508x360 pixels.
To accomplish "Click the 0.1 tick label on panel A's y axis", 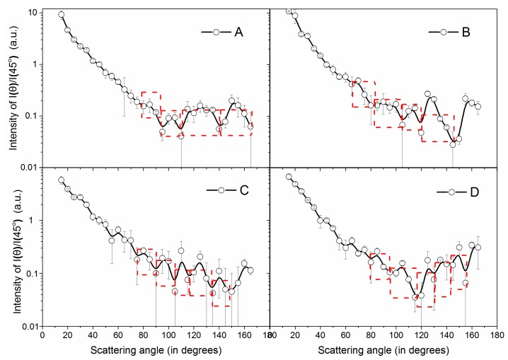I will click(28, 116).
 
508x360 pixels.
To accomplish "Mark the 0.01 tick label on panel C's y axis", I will click(26, 327).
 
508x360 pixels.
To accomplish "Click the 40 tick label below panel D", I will click(321, 336).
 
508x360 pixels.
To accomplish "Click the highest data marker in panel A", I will click(62, 14).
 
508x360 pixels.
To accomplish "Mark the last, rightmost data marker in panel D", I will click(478, 247).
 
